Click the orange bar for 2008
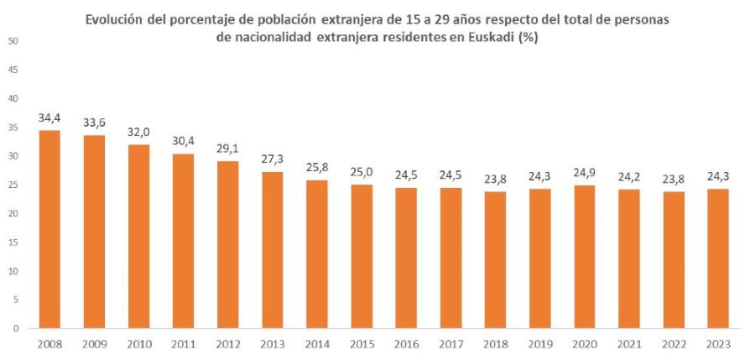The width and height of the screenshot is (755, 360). click(49, 229)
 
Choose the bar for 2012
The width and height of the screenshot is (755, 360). click(228, 244)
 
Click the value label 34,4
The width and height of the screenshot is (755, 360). click(49, 118)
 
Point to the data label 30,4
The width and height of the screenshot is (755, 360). click(184, 142)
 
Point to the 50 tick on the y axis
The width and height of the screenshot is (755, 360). click(16, 41)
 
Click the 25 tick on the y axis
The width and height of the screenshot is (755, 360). click(16, 185)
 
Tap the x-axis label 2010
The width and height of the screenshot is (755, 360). click(139, 344)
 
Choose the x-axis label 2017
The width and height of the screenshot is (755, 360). click(450, 344)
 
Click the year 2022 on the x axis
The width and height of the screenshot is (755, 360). click(674, 344)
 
